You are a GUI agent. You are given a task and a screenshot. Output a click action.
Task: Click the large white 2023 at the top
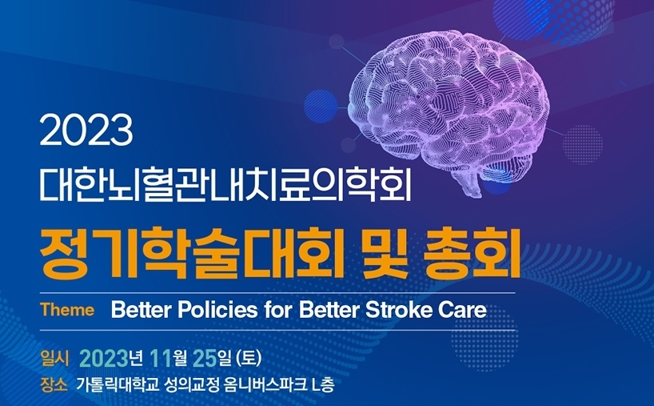tap(86, 131)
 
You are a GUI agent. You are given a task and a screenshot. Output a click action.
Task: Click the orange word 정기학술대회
tap(192, 253)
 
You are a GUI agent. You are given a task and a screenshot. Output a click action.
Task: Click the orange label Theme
tap(67, 310)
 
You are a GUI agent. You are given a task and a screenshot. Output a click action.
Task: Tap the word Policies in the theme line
tap(217, 310)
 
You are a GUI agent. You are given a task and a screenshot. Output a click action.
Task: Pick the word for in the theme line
tap(279, 310)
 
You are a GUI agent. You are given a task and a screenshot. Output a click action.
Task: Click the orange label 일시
tap(54, 359)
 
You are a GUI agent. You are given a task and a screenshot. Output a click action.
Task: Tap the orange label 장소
tap(54, 384)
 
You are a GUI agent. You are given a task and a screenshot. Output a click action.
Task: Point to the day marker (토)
tap(249, 359)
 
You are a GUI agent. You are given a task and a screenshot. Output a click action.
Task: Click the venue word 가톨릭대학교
tap(118, 384)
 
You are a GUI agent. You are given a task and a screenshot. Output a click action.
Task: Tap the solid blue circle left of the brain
tap(321, 107)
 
